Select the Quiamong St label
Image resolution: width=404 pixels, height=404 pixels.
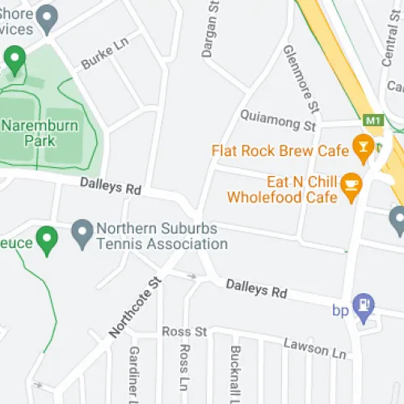277,120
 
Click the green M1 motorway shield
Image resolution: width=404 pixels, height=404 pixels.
372,120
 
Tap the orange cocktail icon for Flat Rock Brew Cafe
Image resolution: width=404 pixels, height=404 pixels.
362,149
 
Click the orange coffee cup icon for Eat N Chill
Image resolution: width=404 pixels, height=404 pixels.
351,185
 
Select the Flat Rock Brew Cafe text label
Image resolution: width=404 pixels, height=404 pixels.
280,150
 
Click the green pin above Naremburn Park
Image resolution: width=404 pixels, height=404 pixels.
15,58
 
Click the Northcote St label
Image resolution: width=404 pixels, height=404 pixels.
136,307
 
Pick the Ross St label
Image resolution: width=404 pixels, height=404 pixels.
184,332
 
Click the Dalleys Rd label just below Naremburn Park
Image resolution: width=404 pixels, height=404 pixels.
111,187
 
